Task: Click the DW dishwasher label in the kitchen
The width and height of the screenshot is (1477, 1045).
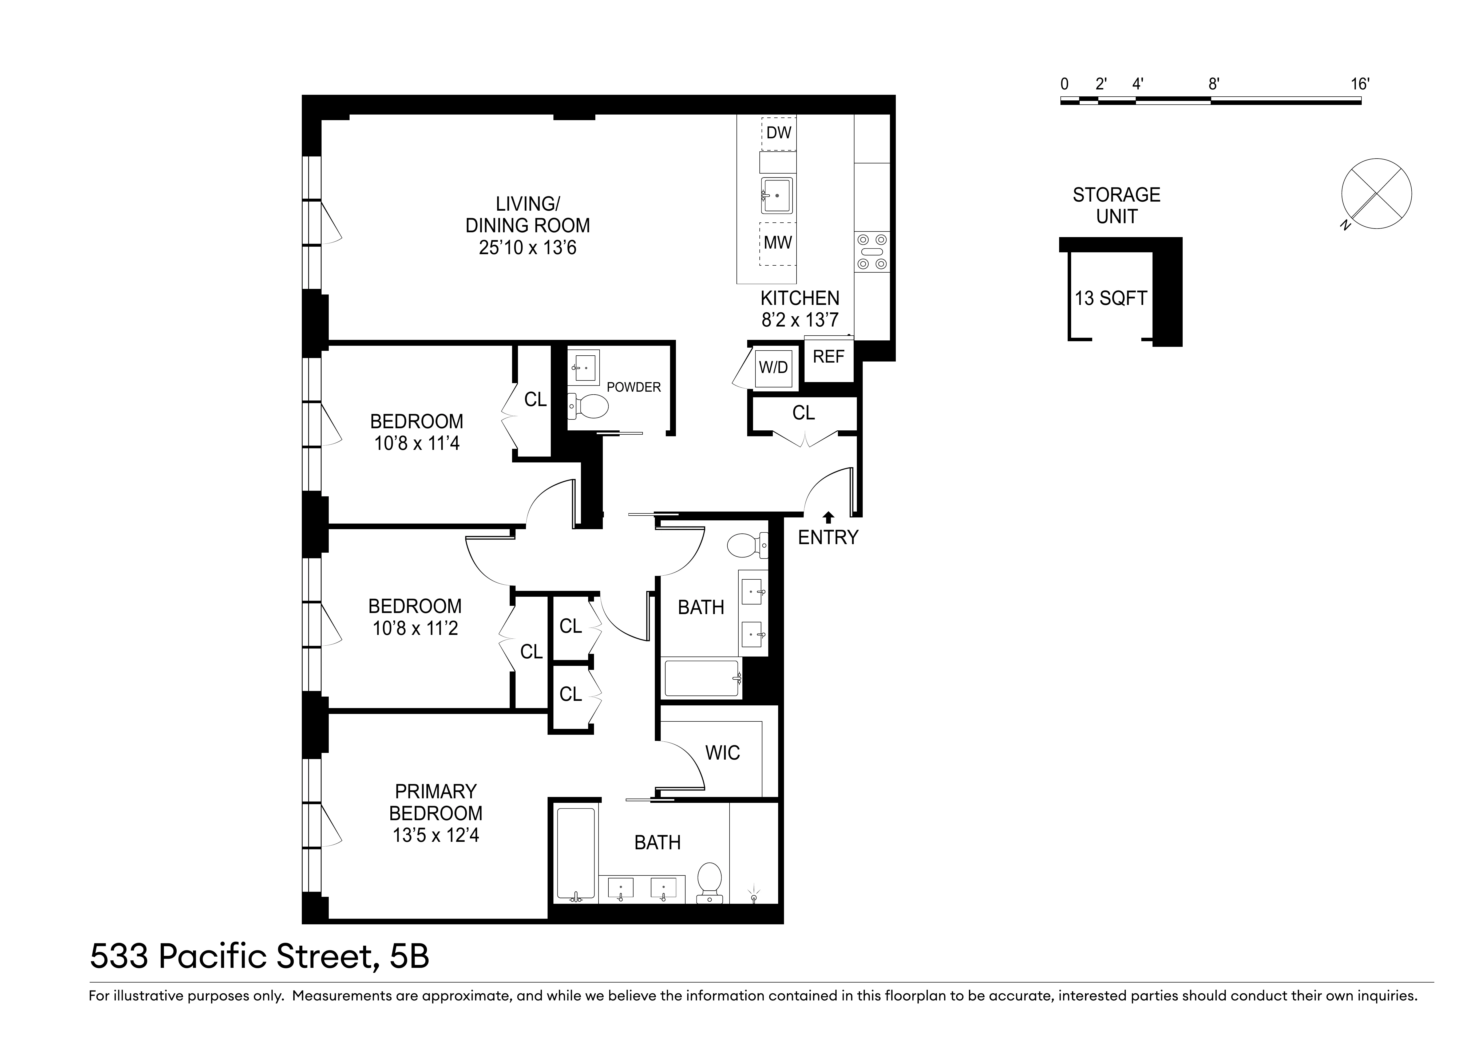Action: pos(778,133)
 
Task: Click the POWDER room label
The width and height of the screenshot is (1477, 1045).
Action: pos(634,387)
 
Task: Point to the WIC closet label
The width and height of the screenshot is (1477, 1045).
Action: pos(722,753)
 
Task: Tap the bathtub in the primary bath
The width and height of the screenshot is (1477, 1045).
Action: pos(576,855)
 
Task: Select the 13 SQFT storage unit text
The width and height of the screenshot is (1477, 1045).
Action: pos(1111,298)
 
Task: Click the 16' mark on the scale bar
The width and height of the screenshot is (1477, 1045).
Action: pos(1359,84)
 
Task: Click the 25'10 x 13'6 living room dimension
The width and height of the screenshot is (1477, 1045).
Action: pos(528,248)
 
